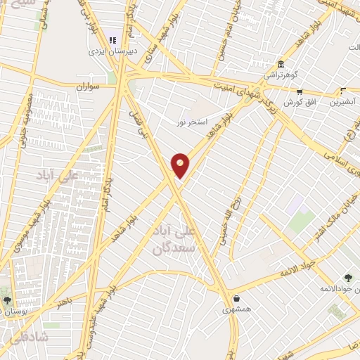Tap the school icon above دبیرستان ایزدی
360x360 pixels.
click(112, 41)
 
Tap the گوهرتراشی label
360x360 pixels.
click(281, 74)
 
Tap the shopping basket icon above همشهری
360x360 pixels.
click(236, 298)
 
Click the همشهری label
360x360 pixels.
click(236, 309)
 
